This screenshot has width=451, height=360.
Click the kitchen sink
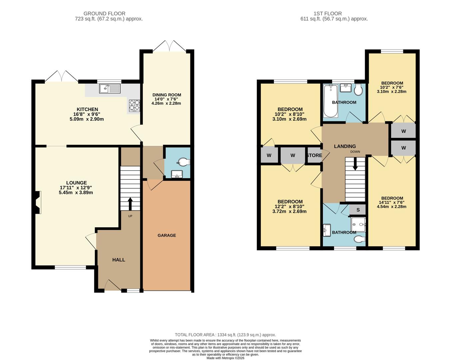click(x=110, y=88)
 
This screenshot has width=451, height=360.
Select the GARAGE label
click(x=167, y=235)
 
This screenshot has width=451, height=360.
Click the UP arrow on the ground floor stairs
click(x=130, y=204)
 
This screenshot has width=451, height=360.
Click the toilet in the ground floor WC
click(x=185, y=162)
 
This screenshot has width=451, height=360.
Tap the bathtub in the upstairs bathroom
click(x=331, y=101)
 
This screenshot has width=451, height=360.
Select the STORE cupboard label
click(x=314, y=155)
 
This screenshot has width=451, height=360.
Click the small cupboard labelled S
click(x=357, y=210)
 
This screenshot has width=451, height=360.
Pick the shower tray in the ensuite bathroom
click(x=358, y=225)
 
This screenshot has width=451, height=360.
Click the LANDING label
click(x=345, y=146)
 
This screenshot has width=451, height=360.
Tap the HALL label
click(x=119, y=260)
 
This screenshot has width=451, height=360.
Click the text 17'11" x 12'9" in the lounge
click(x=76, y=188)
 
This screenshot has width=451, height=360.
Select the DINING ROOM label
click(x=167, y=95)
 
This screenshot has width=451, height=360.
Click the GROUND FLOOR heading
click(x=104, y=13)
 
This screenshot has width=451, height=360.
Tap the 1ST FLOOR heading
click(x=327, y=13)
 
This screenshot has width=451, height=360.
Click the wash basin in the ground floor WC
click(x=177, y=174)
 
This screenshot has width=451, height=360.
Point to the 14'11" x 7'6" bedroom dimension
click(x=391, y=202)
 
